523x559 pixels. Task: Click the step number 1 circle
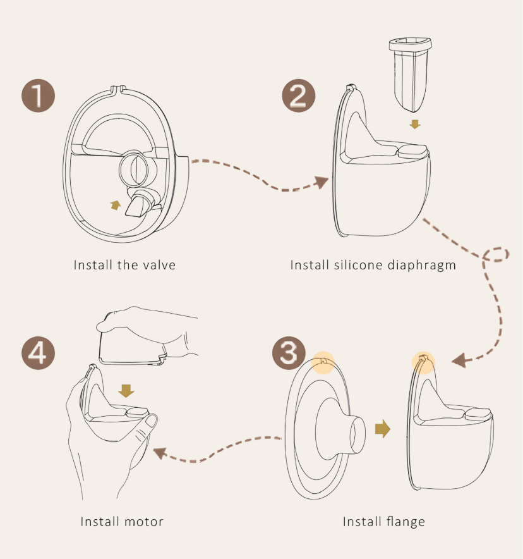pos(39,97)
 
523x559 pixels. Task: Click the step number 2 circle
pos(298,97)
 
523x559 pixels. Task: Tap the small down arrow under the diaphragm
pos(414,124)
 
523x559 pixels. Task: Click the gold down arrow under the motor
pos(126,391)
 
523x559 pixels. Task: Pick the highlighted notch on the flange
pos(323,361)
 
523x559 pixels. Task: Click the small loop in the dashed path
pos(496,254)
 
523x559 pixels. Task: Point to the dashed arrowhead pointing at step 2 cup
pos(322,183)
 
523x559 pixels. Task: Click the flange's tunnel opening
pos(360,435)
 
